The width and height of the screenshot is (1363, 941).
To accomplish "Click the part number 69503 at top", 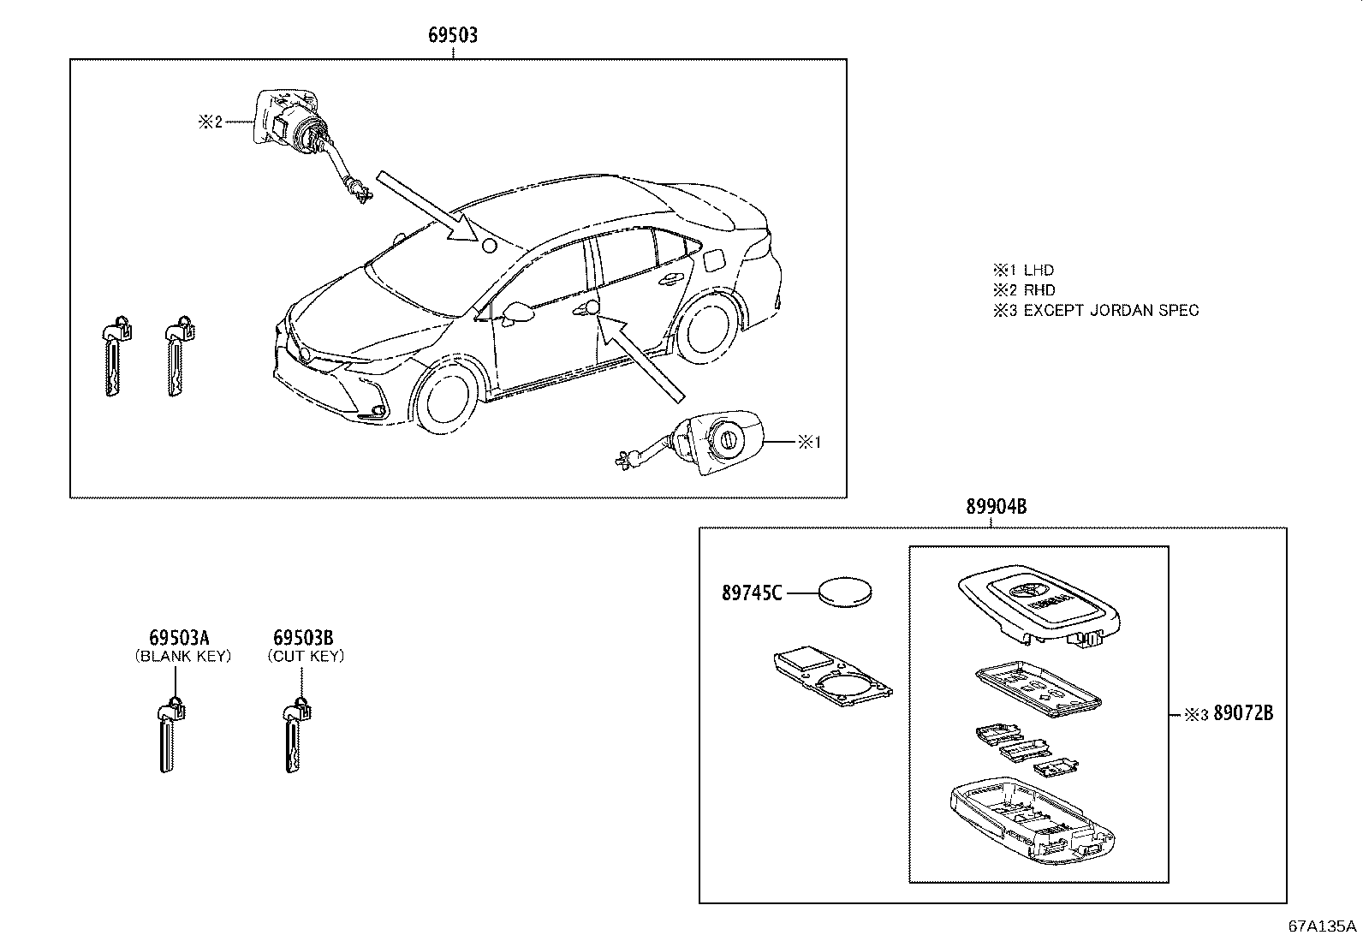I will pos(453,36).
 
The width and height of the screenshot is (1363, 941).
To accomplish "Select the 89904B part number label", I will pos(996,507).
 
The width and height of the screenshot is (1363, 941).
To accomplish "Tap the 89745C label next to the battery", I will pos(752,593).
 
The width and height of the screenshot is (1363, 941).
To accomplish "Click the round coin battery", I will pos(847,593).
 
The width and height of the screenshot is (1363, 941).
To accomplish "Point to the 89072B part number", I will pos(1241,713).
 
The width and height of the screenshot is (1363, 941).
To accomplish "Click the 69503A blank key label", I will pos(179,638).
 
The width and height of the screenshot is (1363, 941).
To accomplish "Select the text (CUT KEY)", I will pos(306,657).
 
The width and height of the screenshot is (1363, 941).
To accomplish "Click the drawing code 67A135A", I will pos(1322,926).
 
